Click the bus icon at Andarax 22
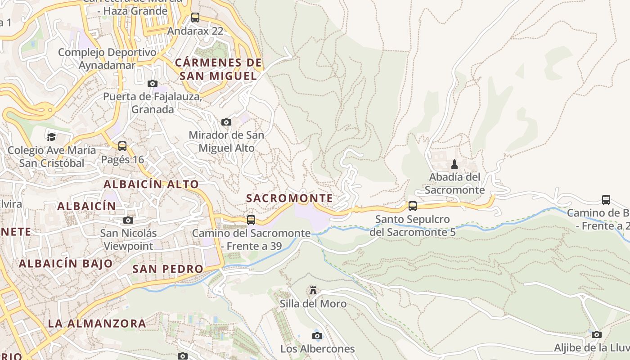point(195,18)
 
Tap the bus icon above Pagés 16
point(122,146)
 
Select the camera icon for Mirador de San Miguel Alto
point(226,122)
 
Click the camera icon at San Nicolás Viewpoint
point(128,220)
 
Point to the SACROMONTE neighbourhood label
point(289,198)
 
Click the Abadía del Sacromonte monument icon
point(454,164)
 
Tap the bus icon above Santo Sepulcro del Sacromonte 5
point(412,206)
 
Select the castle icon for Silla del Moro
point(313,290)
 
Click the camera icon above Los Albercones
point(317,336)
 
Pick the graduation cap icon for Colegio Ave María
point(51,136)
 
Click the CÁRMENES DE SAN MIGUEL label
point(218,69)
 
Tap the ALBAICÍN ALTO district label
point(151,184)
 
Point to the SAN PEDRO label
point(168,269)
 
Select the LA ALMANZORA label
point(97,323)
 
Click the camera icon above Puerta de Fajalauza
point(153,83)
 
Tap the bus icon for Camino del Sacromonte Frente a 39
point(251,220)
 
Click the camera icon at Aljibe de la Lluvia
point(596,334)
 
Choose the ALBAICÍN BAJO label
point(66,264)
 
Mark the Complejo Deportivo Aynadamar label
point(107,58)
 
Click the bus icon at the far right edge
point(606,199)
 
